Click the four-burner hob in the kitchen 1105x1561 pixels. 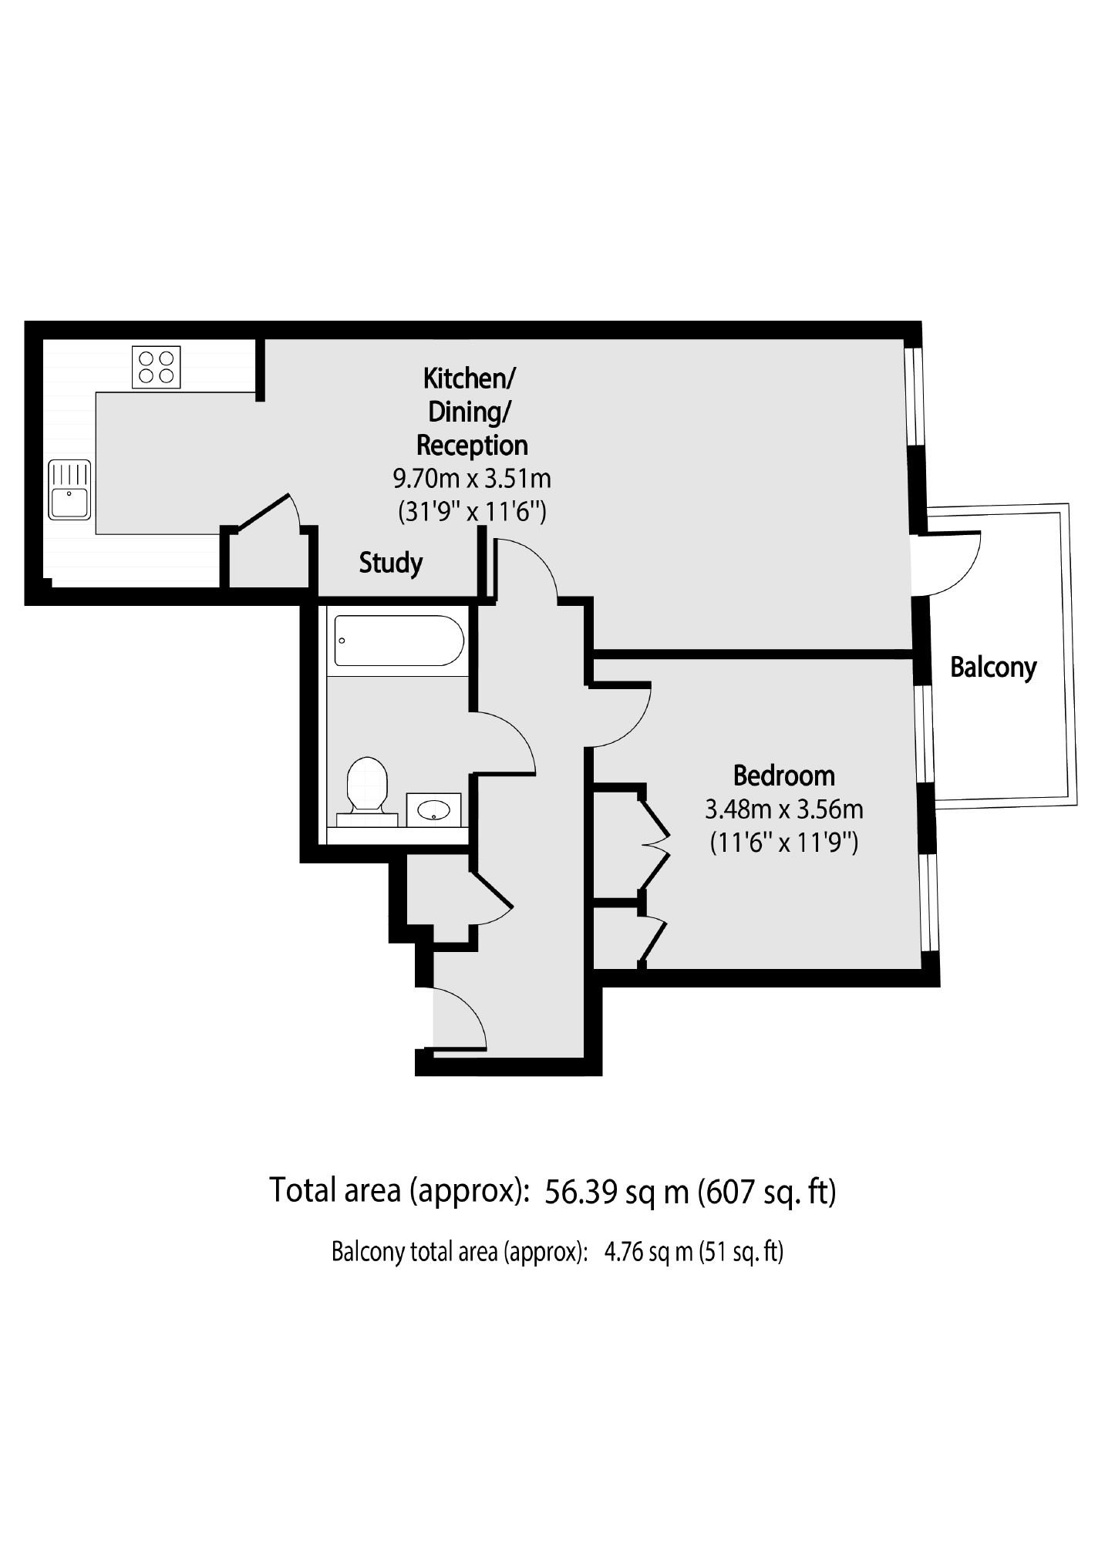tap(157, 367)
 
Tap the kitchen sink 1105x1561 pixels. tap(69, 490)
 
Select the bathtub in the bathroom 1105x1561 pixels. tap(398, 641)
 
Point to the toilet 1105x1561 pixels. tap(366, 786)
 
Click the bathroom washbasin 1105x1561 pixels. tap(433, 809)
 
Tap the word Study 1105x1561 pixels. tap(390, 564)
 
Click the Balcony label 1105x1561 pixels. tap(992, 667)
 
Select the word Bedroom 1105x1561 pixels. tap(783, 775)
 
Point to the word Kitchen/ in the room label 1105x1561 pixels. tap(470, 378)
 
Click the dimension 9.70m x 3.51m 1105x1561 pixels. tap(472, 479)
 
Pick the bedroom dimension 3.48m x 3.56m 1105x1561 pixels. tap(783, 809)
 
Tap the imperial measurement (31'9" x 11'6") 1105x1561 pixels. tap(472, 512)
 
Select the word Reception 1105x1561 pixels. tap(472, 446)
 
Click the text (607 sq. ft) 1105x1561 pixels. tap(766, 1192)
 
